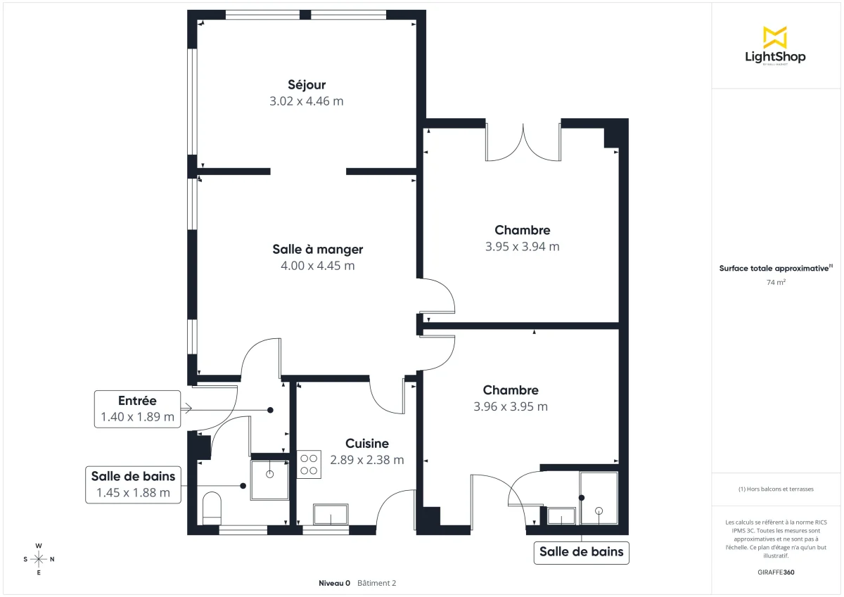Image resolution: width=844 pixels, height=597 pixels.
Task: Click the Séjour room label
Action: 306,85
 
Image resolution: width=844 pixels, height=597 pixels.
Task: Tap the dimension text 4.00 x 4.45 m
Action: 317,266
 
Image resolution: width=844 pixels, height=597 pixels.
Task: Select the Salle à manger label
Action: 317,249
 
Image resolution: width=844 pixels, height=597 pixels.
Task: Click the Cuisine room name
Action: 366,444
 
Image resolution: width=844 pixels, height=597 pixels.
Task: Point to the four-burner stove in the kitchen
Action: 309,464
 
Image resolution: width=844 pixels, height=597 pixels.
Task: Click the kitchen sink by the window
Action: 331,515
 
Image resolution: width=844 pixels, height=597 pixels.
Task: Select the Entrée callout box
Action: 137,409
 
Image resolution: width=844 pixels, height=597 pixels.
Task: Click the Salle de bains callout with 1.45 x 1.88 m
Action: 132,484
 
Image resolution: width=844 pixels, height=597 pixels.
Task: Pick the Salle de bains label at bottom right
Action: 581,552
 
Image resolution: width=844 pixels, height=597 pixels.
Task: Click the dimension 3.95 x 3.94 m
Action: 522,247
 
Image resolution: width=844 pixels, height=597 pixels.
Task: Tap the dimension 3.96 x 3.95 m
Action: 511,406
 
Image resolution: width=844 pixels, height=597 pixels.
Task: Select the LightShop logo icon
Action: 774,37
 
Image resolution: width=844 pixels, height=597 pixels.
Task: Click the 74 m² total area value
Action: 776,283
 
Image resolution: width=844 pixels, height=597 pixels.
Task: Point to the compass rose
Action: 39,559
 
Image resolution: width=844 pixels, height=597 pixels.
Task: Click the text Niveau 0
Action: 334,583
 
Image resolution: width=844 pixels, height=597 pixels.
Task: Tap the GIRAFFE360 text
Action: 776,572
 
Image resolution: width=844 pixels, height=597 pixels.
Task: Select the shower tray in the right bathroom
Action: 599,499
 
